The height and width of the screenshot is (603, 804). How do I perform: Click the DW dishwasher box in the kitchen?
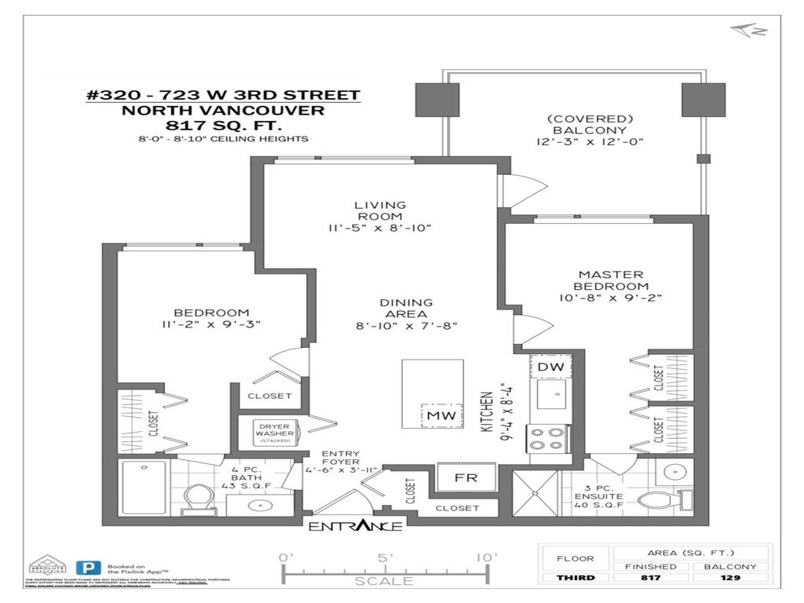point(551,366)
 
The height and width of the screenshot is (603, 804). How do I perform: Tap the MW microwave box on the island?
point(433,415)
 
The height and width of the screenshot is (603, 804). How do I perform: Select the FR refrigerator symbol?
point(466,477)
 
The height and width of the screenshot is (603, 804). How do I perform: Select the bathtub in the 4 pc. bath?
point(144,486)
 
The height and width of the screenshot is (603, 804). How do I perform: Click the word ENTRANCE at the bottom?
point(355,526)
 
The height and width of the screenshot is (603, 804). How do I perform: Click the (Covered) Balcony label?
point(578,125)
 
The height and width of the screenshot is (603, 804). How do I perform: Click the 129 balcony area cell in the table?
point(729,578)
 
